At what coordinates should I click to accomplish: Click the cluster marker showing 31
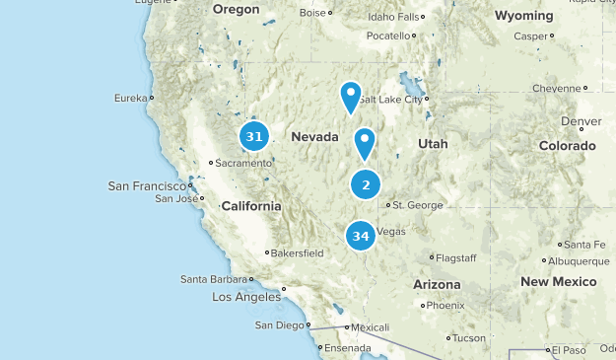coord(254,136)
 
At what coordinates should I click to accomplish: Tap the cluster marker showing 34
coord(361,236)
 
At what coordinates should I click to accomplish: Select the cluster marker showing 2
coord(366,183)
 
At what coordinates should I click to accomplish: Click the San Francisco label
coord(147,185)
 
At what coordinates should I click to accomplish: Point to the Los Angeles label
coord(246,297)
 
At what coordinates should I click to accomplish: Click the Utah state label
coord(433,144)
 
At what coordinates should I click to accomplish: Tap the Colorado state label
coord(568,145)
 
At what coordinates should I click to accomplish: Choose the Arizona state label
coord(437,284)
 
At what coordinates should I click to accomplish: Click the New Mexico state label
coord(559,282)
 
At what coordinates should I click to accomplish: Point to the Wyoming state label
coord(523,16)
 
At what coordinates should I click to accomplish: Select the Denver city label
coord(582,121)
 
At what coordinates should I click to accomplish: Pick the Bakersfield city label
coord(298,252)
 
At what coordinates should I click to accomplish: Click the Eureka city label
coord(130,98)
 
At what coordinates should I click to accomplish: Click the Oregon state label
coord(236,9)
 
